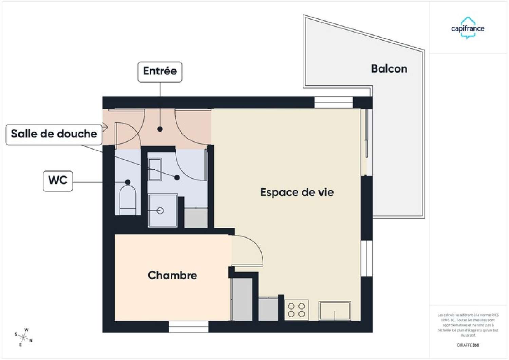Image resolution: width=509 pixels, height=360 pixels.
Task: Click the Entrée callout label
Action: pos(160,72)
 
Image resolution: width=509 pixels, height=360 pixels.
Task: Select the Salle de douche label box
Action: pos(54,134)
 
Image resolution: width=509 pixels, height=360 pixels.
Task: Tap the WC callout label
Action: pos(58,181)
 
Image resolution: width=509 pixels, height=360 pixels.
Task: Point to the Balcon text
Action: pos(389,69)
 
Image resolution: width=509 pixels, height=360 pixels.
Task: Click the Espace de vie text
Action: pos(297,192)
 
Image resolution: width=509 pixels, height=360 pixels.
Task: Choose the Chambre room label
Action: pos(172,275)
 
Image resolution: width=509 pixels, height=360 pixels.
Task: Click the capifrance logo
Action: pos(468,28)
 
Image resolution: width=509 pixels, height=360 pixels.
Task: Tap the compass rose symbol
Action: pos(23,337)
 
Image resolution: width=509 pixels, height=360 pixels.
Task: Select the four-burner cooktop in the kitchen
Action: pos(296,310)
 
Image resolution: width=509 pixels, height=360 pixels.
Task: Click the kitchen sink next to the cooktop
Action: pos(335,311)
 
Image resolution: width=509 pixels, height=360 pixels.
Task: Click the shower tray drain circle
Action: pos(161,211)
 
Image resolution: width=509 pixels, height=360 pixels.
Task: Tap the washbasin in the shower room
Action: pos(155,169)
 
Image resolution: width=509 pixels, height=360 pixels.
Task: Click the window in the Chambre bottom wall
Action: pos(188,327)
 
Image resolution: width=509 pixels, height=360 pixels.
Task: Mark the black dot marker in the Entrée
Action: pos(160,129)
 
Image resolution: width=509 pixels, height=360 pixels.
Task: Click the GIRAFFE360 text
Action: pos(468,345)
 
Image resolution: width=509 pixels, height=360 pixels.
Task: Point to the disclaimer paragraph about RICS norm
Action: pos(468,325)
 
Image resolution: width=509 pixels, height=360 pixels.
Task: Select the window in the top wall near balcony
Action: pos(333,102)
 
